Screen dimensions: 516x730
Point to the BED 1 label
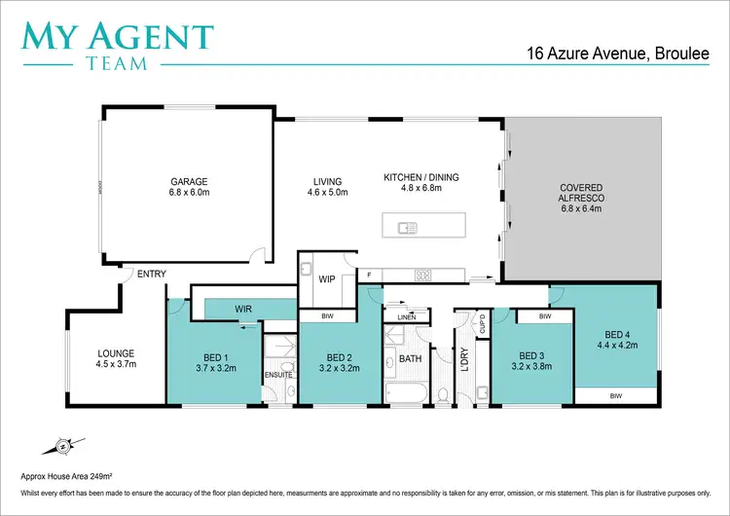tap(209, 354)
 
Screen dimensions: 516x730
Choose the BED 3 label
tap(529, 354)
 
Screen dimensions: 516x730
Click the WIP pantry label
tap(327, 278)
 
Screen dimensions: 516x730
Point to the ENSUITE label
tap(278, 374)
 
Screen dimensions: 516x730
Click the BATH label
tap(409, 358)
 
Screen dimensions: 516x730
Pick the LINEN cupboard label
tap(406, 316)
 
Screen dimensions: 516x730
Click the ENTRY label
tap(152, 275)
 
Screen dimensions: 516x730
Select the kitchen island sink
tap(407, 229)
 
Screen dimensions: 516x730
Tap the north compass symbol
tap(60, 447)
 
